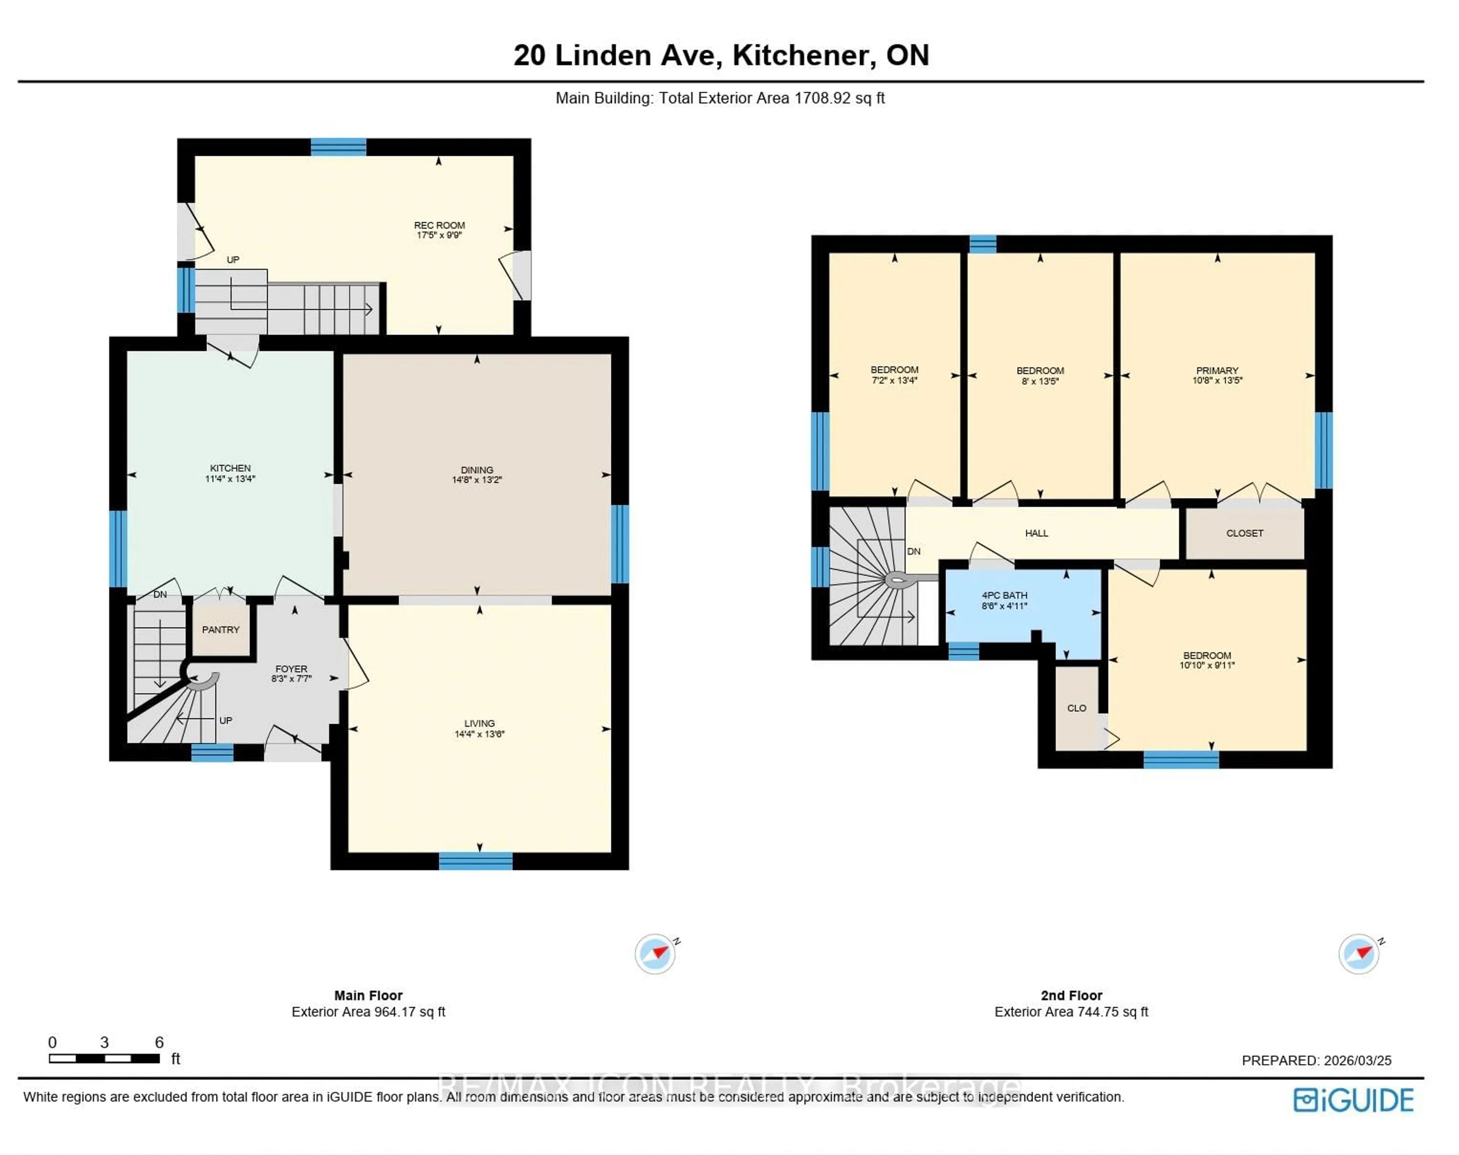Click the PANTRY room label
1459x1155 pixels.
click(220, 630)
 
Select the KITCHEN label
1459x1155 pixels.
click(230, 468)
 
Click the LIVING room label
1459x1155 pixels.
click(479, 723)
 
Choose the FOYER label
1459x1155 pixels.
click(291, 669)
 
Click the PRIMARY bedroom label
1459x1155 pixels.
click(1217, 370)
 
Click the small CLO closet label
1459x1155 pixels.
click(1076, 708)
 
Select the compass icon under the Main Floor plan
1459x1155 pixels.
click(654, 954)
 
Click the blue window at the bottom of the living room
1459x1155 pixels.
click(475, 861)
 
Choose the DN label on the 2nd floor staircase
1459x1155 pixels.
click(913, 551)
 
